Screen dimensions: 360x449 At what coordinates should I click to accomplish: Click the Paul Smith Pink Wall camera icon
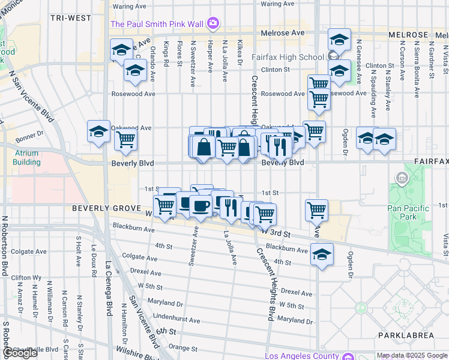coord(212,24)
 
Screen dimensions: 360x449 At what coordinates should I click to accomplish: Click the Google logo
coord(20,353)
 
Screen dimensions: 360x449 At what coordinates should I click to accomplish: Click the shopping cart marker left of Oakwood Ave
coord(125,139)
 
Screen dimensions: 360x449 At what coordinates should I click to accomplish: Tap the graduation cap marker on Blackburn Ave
coord(322,254)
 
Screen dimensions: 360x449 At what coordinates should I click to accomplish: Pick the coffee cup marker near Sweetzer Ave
coord(200,206)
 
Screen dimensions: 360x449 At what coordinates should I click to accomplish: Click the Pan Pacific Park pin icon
coord(402,178)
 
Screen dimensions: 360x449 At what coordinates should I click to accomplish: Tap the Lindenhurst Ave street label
coord(176,320)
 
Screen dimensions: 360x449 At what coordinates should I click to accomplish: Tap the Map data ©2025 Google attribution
coord(412,356)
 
